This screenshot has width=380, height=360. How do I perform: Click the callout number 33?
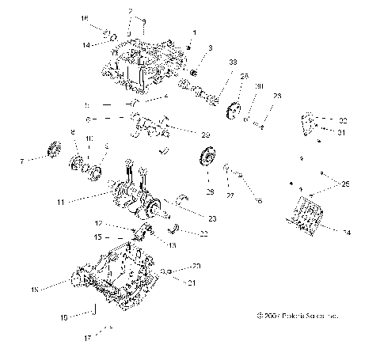pos(232,62)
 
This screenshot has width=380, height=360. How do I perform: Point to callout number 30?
pos(259,86)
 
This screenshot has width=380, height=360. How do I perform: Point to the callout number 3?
pos(211,48)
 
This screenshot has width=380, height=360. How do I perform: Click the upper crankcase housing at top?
pos(142,59)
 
